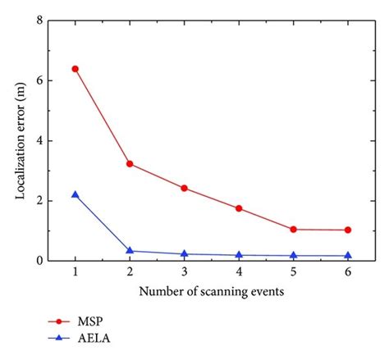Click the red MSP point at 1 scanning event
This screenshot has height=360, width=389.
coord(76,69)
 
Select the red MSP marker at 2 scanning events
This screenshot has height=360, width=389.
coord(130,164)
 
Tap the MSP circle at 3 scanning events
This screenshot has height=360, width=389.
coord(184,188)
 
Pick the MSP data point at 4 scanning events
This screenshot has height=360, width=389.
coord(239,208)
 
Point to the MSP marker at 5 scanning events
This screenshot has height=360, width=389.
coord(293,230)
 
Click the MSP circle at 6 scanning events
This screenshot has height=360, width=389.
coord(347,230)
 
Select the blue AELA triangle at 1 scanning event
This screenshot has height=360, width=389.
coord(76,194)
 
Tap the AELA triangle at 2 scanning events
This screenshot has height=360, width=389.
coord(130,251)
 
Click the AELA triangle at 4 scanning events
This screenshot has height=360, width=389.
coord(239,255)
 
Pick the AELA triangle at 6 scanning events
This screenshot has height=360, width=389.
coord(347,256)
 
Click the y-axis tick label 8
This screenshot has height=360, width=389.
coord(39,21)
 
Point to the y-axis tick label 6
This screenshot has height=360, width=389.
coord(39,80)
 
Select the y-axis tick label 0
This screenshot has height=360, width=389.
coord(39,261)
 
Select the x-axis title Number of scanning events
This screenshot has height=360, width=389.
coord(212,293)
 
